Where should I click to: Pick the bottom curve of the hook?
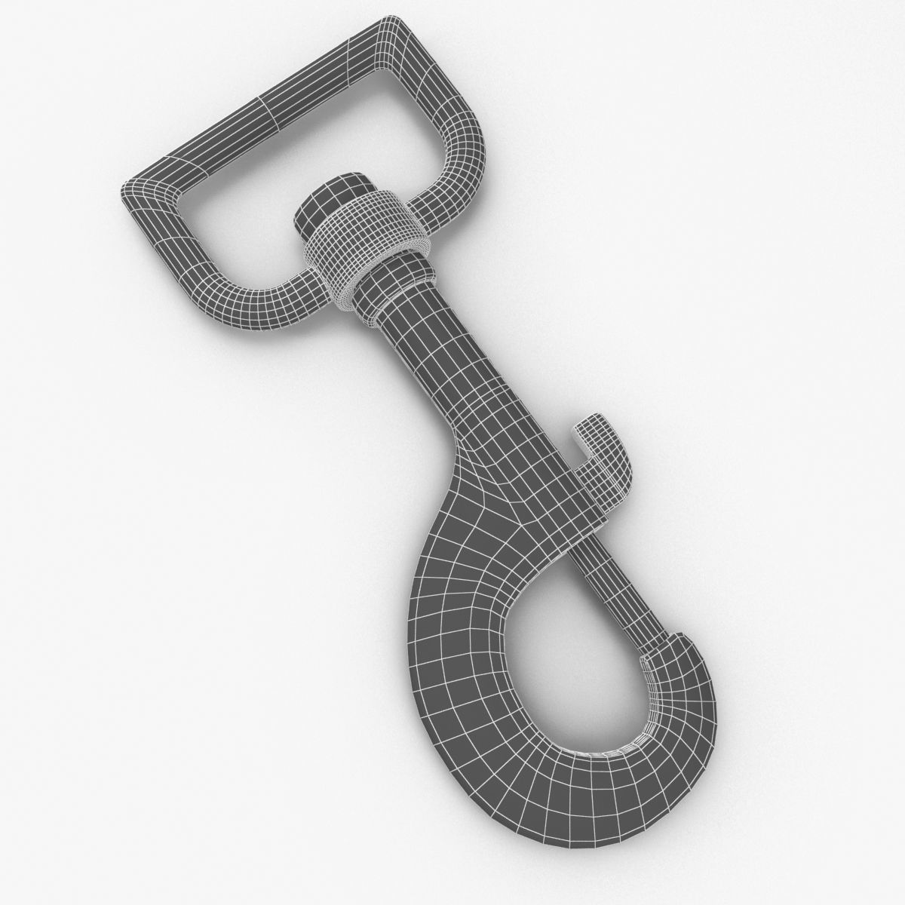point(573,784)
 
